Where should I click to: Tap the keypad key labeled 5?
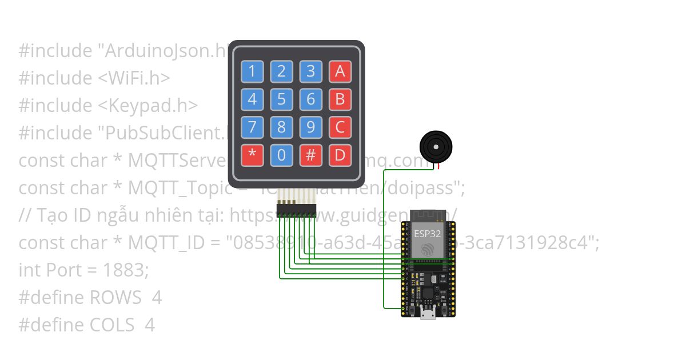(x=281, y=99)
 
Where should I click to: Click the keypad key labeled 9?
(x=310, y=127)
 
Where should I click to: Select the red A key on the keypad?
(x=340, y=71)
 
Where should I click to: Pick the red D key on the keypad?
(x=340, y=155)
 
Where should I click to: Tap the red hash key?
(x=310, y=155)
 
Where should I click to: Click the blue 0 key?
(x=281, y=155)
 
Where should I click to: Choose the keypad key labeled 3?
(x=310, y=71)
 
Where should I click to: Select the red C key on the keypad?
(x=340, y=127)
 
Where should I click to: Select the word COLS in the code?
(x=111, y=325)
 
